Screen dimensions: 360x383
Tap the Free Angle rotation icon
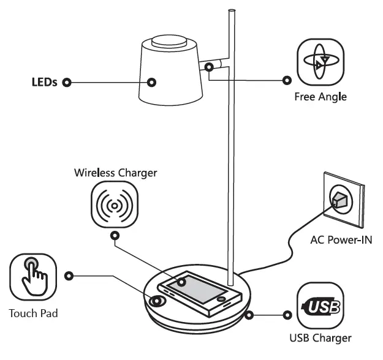click(x=320, y=62)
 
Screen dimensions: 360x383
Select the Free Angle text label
click(x=320, y=97)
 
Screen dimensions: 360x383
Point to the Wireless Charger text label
click(x=115, y=173)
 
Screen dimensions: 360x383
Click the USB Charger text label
click(x=320, y=338)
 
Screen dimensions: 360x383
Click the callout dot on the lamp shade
click(x=152, y=82)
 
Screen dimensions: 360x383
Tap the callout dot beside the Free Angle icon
click(x=286, y=80)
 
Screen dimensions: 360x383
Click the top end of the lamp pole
click(x=232, y=11)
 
